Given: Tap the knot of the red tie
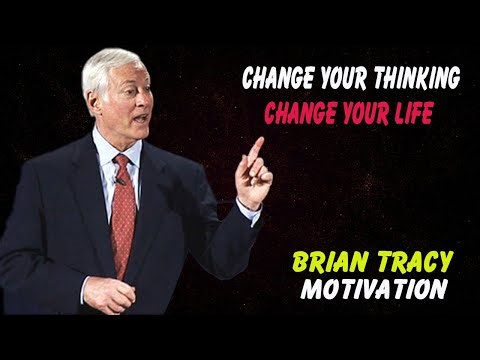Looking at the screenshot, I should pos(121,163).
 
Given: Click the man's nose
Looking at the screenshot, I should pos(147,103).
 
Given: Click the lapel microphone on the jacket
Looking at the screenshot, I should pos(118,181).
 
